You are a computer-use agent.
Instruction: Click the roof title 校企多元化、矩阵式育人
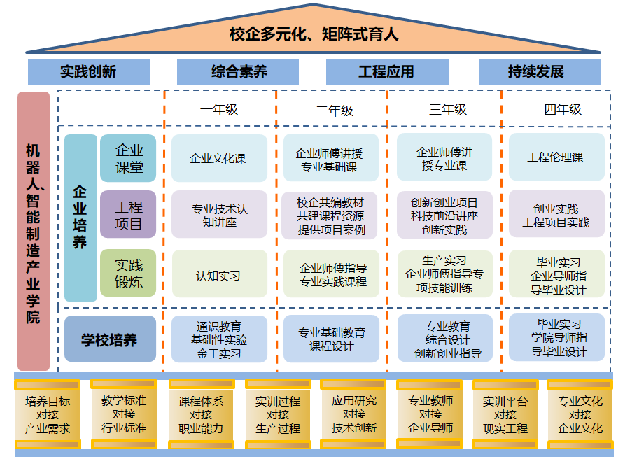click(313, 34)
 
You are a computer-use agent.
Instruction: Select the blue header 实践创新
click(88, 72)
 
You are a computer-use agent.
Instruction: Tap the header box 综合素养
click(238, 72)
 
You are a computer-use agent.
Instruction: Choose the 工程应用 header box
click(386, 72)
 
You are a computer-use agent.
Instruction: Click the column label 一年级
click(219, 109)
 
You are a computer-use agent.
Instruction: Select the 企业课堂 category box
click(128, 159)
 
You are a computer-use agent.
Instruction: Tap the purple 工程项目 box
click(128, 216)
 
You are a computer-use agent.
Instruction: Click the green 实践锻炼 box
click(128, 274)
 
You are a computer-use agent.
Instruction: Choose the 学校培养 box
click(109, 340)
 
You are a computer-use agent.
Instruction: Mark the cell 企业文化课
click(218, 159)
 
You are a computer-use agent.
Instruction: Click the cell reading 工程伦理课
click(556, 157)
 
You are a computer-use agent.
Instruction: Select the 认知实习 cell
click(218, 276)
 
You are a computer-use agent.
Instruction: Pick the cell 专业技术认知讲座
click(219, 216)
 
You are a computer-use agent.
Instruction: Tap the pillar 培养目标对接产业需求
click(48, 415)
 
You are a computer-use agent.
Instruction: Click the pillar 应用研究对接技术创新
click(353, 415)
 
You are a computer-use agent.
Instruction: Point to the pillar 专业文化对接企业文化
click(580, 415)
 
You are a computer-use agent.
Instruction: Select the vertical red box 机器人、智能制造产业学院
click(34, 231)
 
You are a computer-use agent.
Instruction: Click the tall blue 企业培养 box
click(80, 217)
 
